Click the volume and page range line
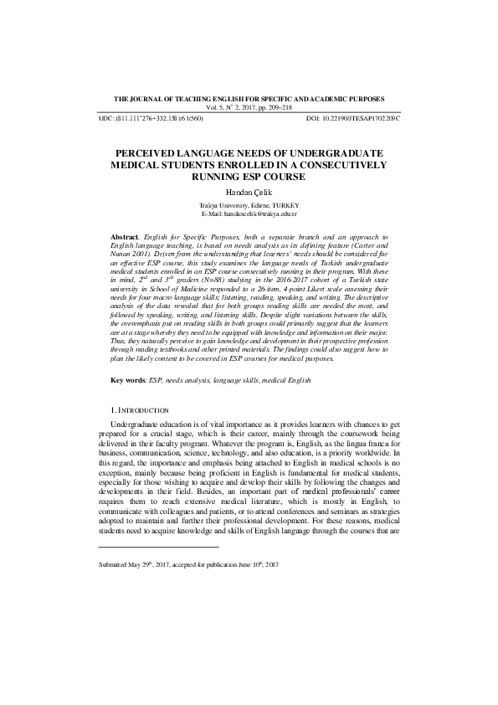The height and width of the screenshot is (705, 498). (249, 108)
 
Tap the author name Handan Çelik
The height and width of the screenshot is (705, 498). (249, 192)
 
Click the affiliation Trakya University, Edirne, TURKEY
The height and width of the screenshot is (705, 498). (249, 205)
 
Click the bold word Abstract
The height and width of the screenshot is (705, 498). (126, 239)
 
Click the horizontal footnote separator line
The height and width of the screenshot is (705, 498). (158, 547)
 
